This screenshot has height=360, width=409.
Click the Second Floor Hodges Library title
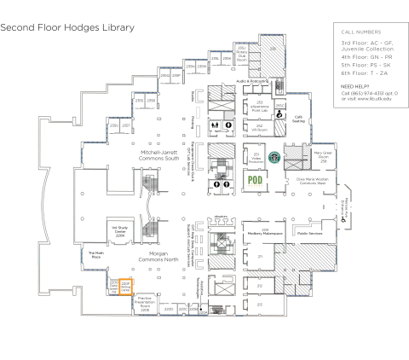[67, 27]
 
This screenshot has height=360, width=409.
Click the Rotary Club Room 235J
[241, 55]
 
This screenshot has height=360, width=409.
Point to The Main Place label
[95, 254]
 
